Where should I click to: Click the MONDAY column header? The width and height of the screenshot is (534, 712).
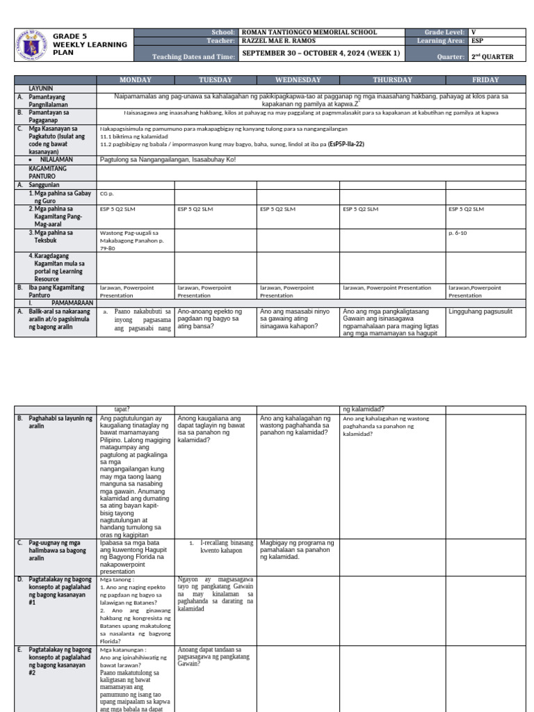coord(135,80)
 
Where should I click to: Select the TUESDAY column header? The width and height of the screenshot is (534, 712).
coord(216,80)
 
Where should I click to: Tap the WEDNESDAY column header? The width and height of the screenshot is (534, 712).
coord(298,80)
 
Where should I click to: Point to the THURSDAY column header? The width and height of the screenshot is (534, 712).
coord(392,80)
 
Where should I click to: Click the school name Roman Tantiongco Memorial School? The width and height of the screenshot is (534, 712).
coord(309,32)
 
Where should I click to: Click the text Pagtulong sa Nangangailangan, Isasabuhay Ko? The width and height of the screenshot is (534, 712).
coord(168,159)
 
